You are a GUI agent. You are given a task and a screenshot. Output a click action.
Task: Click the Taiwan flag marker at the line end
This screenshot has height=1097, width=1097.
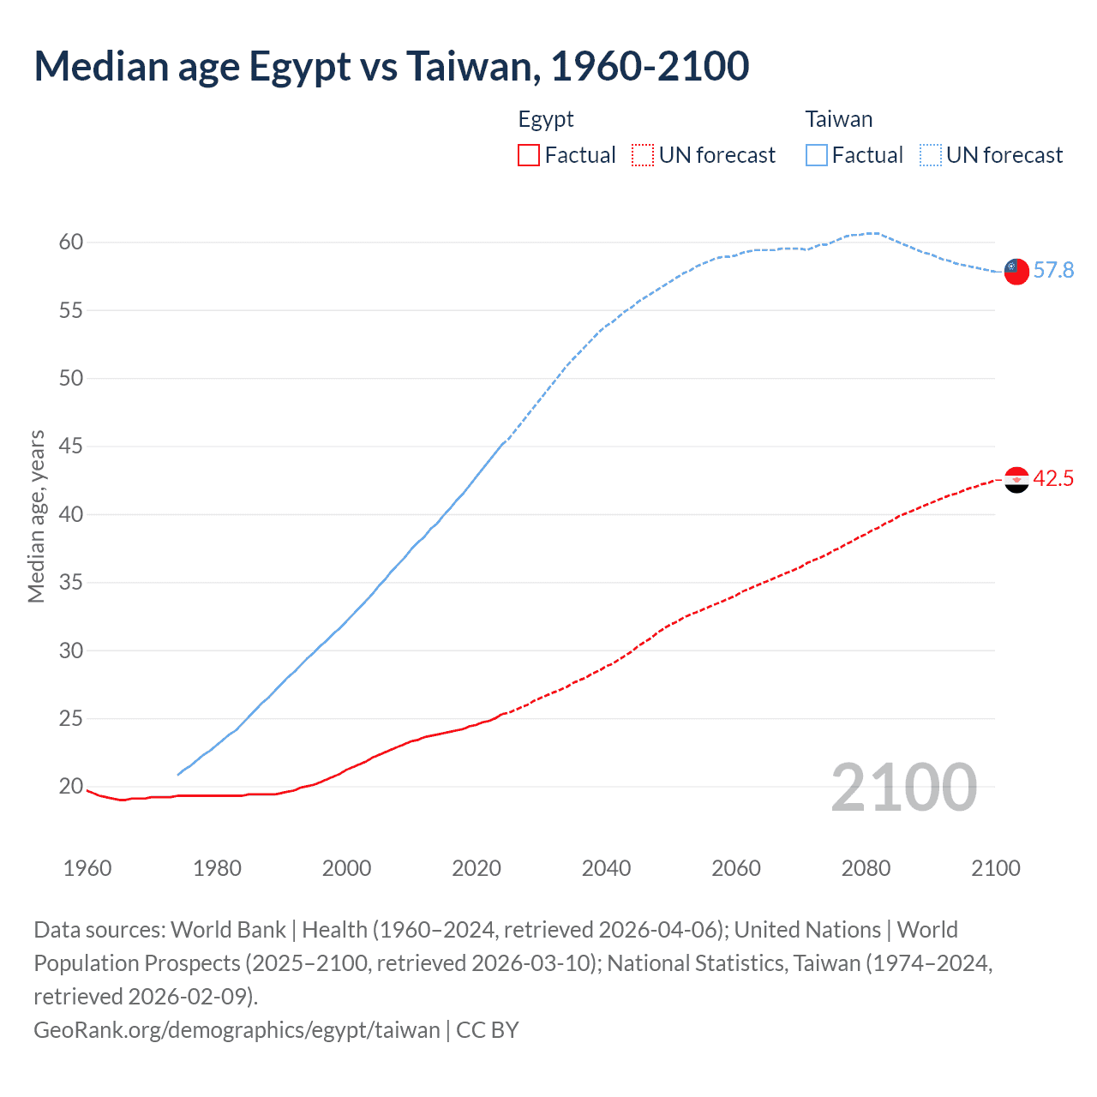coord(1016,271)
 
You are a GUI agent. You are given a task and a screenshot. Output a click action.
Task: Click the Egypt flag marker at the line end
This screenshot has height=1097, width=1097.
coord(1016,480)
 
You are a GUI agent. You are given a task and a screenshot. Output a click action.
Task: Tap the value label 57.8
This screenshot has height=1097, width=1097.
coord(1053,271)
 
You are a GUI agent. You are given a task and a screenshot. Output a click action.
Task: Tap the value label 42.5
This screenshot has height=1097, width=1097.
coord(1053,479)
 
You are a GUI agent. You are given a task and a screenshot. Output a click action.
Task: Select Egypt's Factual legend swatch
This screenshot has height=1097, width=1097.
coord(529,155)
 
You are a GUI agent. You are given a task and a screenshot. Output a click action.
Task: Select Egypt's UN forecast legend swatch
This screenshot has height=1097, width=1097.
coord(643,155)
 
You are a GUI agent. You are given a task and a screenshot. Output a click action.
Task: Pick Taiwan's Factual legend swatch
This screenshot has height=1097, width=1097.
coord(817,155)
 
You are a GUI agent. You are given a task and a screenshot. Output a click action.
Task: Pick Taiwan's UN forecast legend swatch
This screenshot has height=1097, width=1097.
coord(931,155)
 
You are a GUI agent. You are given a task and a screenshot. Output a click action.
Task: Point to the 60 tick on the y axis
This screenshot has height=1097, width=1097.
coord(71,243)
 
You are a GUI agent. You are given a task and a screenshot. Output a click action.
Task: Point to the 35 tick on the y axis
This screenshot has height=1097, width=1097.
coord(71,583)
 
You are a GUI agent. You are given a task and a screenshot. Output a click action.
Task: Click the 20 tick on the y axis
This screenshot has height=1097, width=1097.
coord(71,787)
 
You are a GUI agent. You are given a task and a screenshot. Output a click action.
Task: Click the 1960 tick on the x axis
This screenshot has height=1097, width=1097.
coord(87,868)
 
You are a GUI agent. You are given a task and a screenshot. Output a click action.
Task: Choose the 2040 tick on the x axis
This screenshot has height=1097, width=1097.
coord(607,868)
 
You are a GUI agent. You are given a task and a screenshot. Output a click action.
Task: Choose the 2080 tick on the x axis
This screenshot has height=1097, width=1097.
coord(866,868)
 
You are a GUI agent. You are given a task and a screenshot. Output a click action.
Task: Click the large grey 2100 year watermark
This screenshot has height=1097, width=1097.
coord(904,788)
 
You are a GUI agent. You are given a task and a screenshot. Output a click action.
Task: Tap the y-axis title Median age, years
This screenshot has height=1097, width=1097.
coord(36,517)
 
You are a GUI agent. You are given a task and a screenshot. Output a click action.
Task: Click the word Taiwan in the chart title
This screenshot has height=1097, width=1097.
coord(473,66)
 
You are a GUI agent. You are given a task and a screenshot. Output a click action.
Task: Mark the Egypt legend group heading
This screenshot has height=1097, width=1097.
coord(546,119)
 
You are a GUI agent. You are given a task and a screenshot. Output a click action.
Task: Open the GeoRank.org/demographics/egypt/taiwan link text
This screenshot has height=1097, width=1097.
coord(237,1029)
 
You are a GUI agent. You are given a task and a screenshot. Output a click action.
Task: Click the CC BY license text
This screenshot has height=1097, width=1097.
coord(488,1029)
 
